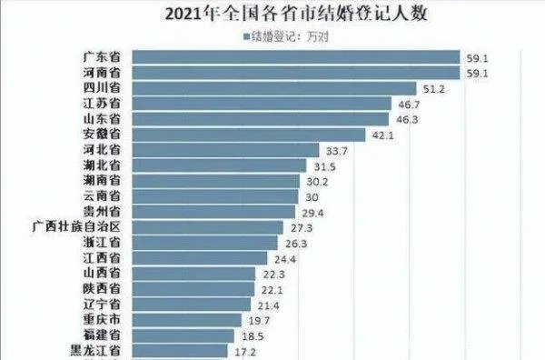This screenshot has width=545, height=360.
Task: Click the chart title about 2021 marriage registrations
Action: (272, 15)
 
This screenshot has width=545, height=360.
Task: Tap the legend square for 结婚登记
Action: (246, 37)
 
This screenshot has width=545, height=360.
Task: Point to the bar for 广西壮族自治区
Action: (219, 226)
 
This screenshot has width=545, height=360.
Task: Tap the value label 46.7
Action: (412, 104)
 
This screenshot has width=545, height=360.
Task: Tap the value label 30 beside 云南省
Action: (312, 196)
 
